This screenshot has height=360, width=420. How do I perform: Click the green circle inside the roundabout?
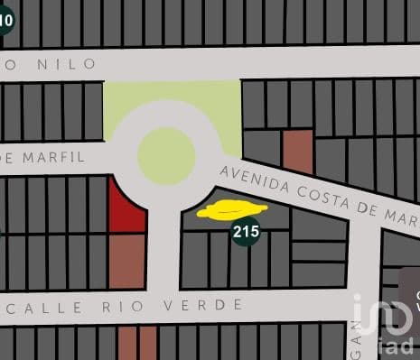point(167,155)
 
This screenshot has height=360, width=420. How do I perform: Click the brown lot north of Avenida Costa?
point(297,151)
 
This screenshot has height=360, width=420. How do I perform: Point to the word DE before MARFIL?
point(7,157)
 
